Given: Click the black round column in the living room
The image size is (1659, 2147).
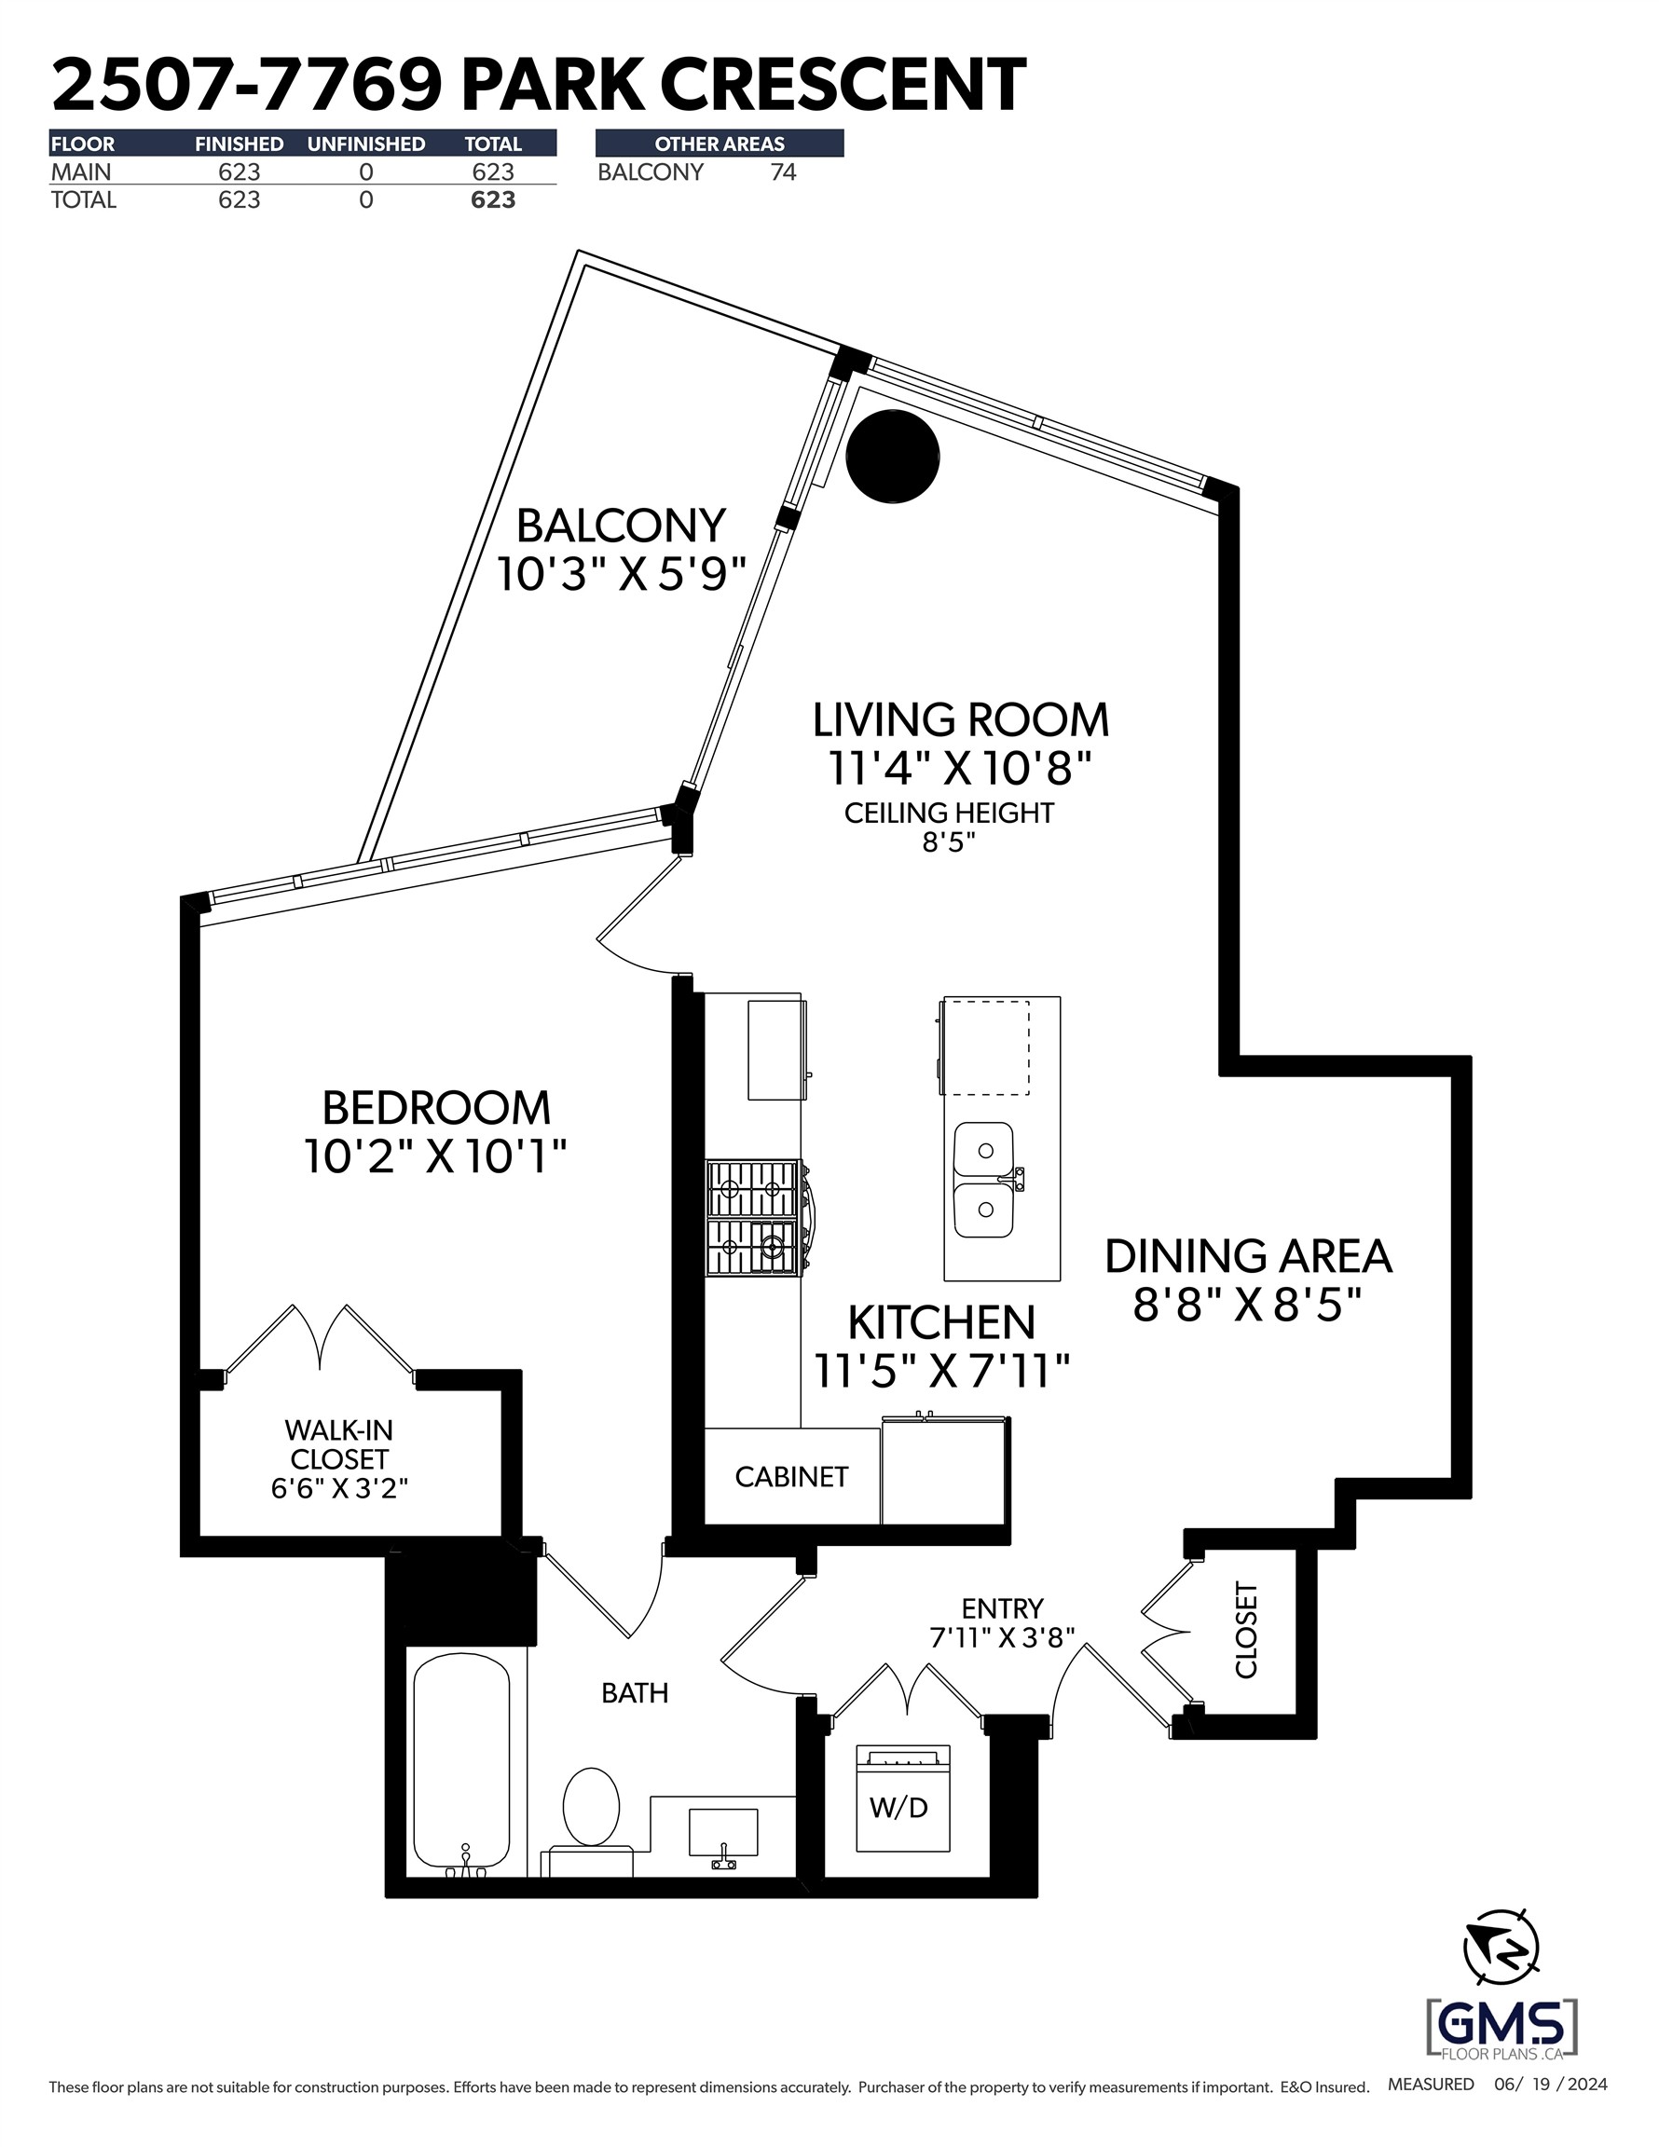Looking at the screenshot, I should click(892, 456).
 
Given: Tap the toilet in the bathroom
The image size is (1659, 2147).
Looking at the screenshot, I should click(590, 1810).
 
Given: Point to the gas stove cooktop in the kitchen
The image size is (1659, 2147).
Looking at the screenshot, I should click(753, 1217).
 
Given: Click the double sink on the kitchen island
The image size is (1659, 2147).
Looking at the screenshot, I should click(984, 1180).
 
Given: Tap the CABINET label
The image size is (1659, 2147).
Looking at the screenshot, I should click(790, 1477).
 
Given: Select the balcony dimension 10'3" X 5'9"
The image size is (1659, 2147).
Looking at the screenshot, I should click(621, 574).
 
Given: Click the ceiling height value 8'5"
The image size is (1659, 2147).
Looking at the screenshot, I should click(948, 842).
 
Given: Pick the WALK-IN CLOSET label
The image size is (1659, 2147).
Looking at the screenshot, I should click(339, 1444).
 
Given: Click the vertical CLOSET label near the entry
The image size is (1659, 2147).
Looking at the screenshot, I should click(1246, 1629).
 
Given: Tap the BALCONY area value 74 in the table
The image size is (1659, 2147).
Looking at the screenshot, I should click(783, 173).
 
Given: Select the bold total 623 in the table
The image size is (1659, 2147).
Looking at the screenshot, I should click(493, 200).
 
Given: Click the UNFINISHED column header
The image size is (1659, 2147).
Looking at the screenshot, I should click(366, 144).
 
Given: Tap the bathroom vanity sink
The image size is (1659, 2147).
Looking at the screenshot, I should click(724, 1833).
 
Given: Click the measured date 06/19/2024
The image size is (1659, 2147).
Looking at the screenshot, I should click(1550, 2084).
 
